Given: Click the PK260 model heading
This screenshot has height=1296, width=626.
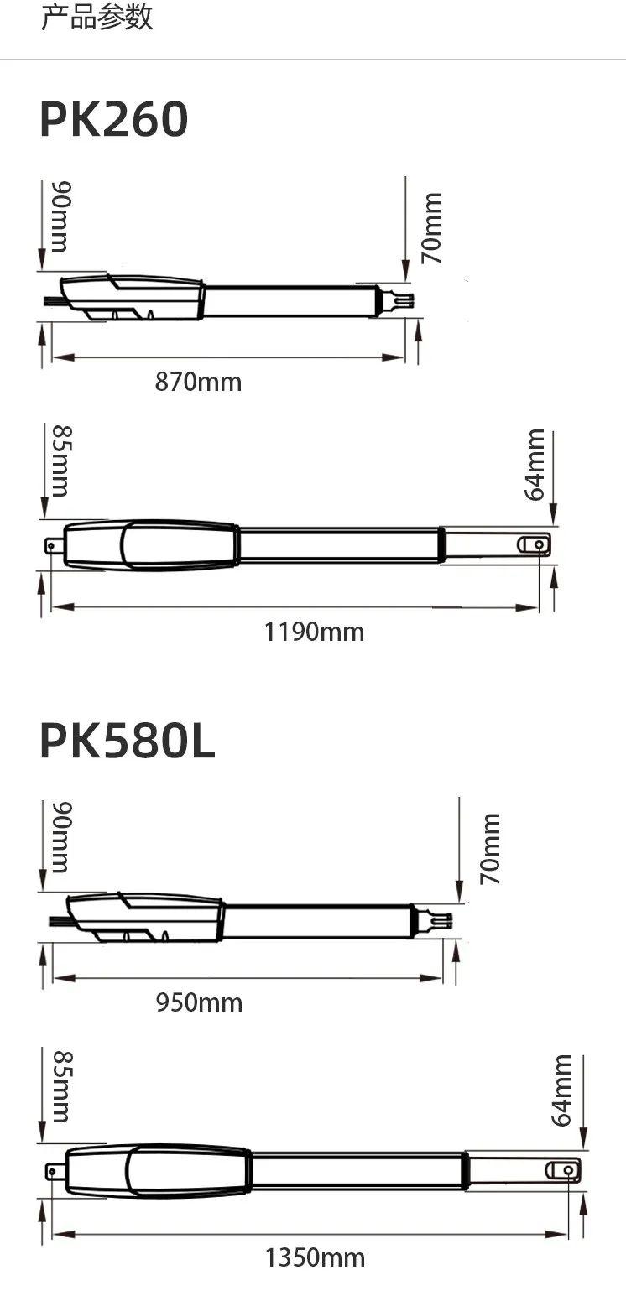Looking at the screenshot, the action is [114, 119].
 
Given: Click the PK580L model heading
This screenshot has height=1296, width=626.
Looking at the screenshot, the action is [128, 742].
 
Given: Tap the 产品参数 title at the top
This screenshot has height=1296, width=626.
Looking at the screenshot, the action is [97, 16].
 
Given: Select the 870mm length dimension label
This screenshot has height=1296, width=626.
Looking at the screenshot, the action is [198, 383].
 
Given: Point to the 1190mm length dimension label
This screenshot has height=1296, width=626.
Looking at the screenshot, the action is [314, 632].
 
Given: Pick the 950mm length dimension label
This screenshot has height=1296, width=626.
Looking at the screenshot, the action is [199, 1002].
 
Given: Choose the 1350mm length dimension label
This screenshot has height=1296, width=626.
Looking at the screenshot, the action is [315, 1257].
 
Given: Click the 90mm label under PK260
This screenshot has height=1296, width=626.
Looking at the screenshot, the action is [61, 216].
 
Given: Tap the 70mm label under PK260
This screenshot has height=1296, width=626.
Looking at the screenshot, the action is [431, 228].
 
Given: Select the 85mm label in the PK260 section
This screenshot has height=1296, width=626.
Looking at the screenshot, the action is [62, 461].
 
